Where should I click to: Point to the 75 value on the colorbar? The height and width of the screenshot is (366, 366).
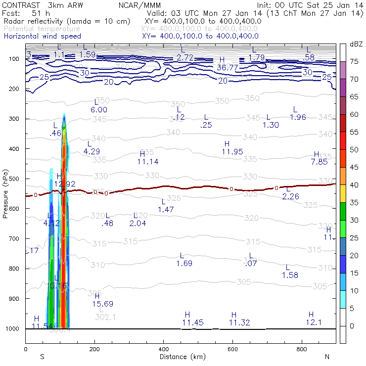[x=354, y=61]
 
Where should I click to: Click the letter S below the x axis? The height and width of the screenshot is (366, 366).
[x=43, y=357]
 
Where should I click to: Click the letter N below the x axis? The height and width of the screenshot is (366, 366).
[x=326, y=357]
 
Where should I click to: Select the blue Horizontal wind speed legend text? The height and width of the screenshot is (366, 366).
[x=42, y=36]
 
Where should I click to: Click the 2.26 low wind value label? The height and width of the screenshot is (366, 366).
[x=290, y=196]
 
